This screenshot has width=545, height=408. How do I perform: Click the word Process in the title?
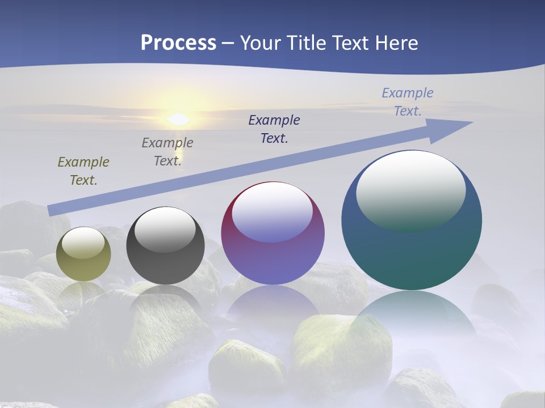(x=178, y=43)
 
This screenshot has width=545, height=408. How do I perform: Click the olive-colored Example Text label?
(x=83, y=171)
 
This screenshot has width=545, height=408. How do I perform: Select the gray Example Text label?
(x=167, y=152)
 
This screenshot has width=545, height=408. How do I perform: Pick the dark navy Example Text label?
(x=274, y=129)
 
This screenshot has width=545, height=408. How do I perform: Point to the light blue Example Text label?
(x=408, y=102)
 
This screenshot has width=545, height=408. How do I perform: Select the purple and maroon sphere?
(x=272, y=255)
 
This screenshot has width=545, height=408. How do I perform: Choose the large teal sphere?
(x=412, y=249)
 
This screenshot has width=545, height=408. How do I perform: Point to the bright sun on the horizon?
(x=178, y=119)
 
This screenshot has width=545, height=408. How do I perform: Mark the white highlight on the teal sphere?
(x=410, y=190)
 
